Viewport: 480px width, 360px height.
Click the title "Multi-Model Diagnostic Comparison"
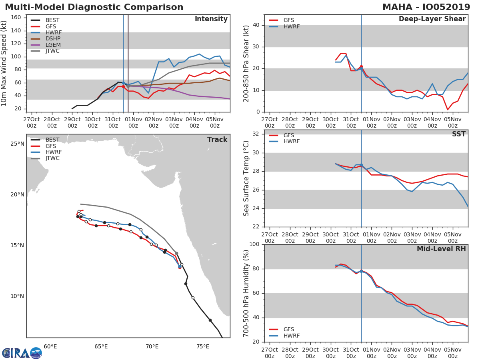coord(94,7)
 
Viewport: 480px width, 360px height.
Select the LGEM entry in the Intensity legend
coord(53,44)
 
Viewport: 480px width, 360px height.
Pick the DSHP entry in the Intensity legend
coord(53,38)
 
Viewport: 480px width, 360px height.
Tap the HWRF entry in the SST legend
coord(292,142)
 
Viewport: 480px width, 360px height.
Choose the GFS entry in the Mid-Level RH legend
coord(288,329)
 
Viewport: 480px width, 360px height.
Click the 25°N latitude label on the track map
coord(17,144)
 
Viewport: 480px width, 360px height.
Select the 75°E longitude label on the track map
coord(203,347)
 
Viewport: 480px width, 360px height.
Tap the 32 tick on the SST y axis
coord(256,134)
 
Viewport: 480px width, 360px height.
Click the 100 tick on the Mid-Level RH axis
coord(254,244)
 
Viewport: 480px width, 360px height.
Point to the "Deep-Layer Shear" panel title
coord(432,19)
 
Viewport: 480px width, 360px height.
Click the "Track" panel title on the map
coord(217,140)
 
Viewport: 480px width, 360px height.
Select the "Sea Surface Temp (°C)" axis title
coord(246,178)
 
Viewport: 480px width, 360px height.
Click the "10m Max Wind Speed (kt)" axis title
coord(4,63)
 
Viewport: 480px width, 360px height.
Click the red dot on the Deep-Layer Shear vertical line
coord(361,67)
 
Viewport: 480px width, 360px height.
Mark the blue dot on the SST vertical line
coord(361,165)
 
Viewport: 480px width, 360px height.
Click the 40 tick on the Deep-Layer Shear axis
coord(256,25)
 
